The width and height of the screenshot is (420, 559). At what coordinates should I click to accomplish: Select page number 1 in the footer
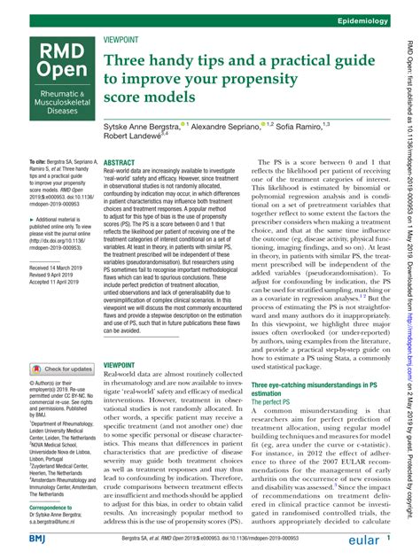(388, 538)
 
